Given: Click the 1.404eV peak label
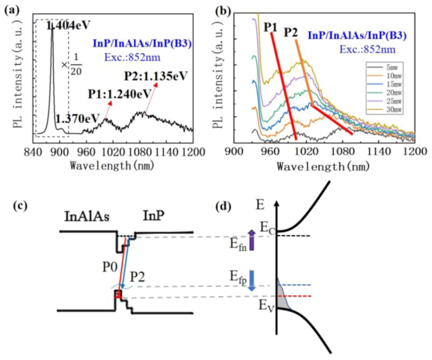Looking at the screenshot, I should click(67, 26).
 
